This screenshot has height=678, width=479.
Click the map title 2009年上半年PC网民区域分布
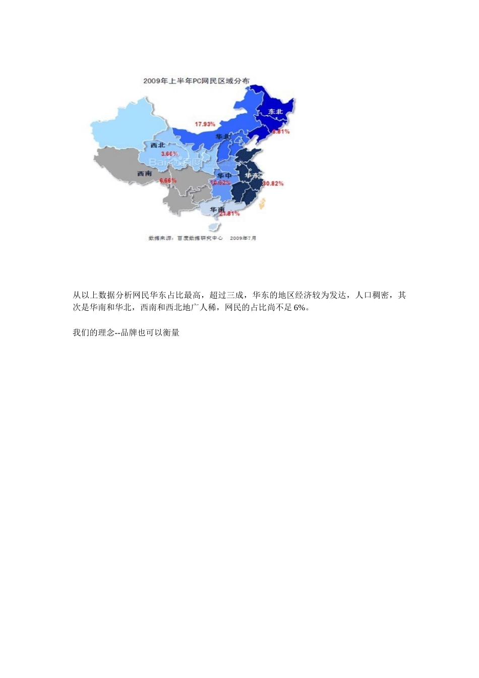coord(196,81)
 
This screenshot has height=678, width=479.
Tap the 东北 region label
coord(275,111)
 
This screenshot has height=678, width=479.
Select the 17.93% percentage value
coord(205,124)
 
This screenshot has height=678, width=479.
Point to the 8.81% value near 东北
coord(281,132)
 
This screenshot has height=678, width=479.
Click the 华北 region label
coord(222,137)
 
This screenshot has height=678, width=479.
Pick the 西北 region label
coord(158,145)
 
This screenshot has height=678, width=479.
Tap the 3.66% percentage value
coord(169,154)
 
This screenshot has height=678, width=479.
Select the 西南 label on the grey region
coord(145,174)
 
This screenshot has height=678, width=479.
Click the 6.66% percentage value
coord(168,181)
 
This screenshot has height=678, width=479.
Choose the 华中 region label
coord(224,176)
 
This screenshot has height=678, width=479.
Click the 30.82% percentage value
coord(273,184)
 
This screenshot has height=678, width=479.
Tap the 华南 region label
coord(217,209)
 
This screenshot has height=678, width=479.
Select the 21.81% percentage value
coord(229,214)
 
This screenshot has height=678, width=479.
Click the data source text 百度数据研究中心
coord(200,238)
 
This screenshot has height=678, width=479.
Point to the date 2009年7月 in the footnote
coord(243,238)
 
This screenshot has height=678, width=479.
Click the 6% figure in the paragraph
coord(300,308)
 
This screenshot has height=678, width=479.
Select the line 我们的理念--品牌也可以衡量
coord(126,333)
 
